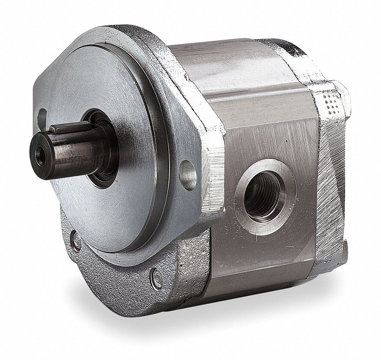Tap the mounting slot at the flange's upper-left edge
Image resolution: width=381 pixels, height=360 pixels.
tap(43, 115)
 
